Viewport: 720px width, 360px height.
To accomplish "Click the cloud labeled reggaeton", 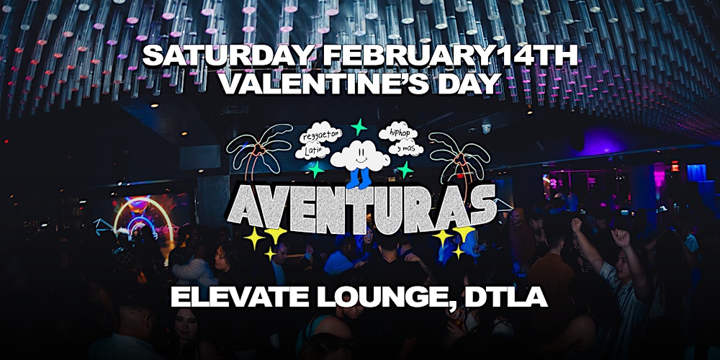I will click(x=320, y=135).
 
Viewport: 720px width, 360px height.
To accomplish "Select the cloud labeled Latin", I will click(x=314, y=151).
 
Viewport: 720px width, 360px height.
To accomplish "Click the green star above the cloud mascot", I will click(x=359, y=127).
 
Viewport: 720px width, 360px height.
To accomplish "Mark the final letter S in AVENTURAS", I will click(x=480, y=204).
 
